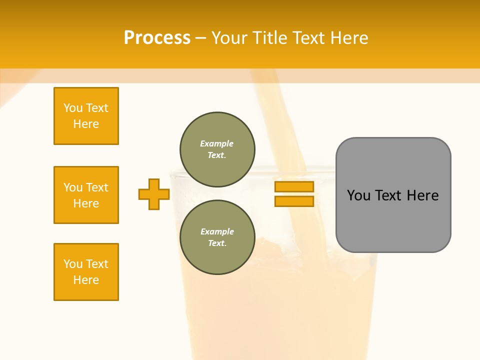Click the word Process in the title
tap(157, 38)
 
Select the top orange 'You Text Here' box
tap(86, 116)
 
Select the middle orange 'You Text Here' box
tap(86, 195)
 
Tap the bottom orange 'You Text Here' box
tap(86, 272)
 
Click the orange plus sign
tap(154, 194)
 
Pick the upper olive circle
tap(217, 149)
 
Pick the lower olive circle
tap(217, 237)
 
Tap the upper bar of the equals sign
tap(294, 187)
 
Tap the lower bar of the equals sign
tap(294, 201)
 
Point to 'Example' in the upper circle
tap(217, 143)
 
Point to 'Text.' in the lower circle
tap(217, 243)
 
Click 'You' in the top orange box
tap(73, 108)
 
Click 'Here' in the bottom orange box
tap(86, 280)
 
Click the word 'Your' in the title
tap(228, 38)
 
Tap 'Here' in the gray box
tap(422, 195)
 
